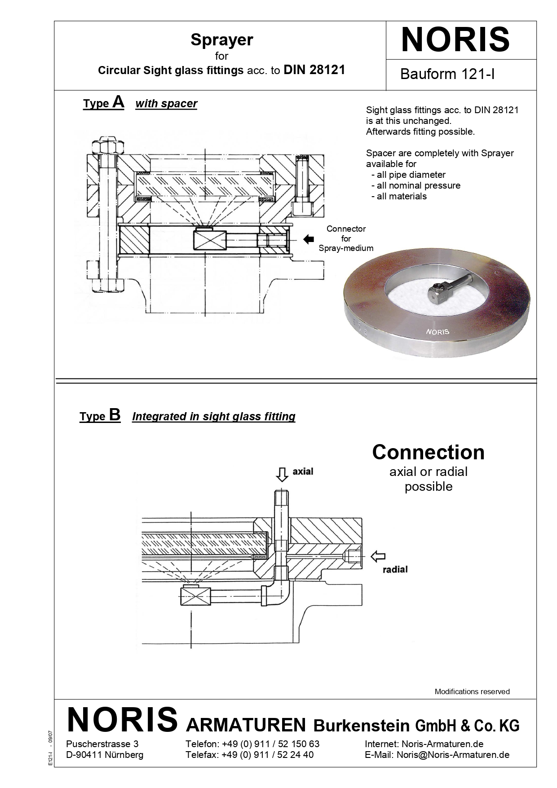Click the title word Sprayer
click(x=221, y=40)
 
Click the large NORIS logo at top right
click(x=455, y=40)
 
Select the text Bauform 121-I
click(x=447, y=74)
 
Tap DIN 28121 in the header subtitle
click(x=314, y=70)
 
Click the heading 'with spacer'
click(x=166, y=104)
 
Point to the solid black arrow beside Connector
click(x=309, y=239)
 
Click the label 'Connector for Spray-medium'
click(x=346, y=238)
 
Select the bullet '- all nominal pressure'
click(x=416, y=185)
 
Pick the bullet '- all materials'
click(x=399, y=196)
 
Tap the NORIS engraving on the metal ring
click(x=438, y=332)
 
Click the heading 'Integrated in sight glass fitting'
click(x=214, y=417)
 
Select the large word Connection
click(x=428, y=452)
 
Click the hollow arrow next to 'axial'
click(x=282, y=474)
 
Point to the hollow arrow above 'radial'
click(x=378, y=557)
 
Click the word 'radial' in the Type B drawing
click(x=395, y=570)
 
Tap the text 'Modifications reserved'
click(x=472, y=691)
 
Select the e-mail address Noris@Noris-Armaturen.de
click(x=453, y=755)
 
